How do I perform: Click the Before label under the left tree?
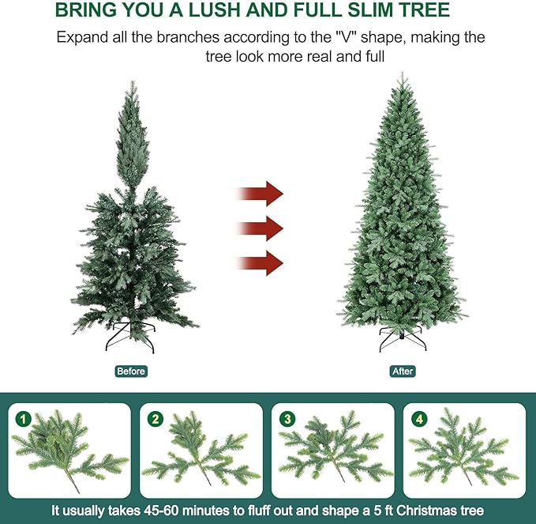coord(131,371)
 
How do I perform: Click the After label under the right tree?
coord(402,371)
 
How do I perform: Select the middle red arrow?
coord(261,228)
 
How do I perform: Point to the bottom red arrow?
coord(261,262)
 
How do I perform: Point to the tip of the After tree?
coord(402,75)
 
